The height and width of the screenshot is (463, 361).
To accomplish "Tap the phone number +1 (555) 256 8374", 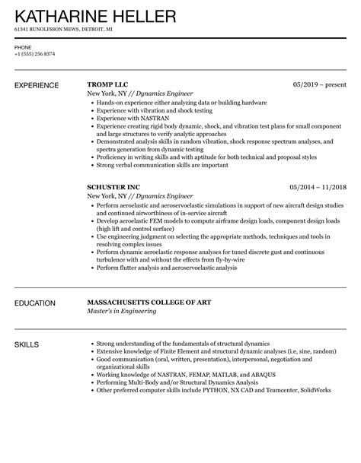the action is pos(34,54).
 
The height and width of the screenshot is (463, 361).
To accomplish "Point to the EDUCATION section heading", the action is pos(35,303).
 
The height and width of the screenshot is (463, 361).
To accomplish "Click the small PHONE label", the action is pos(22,46).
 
